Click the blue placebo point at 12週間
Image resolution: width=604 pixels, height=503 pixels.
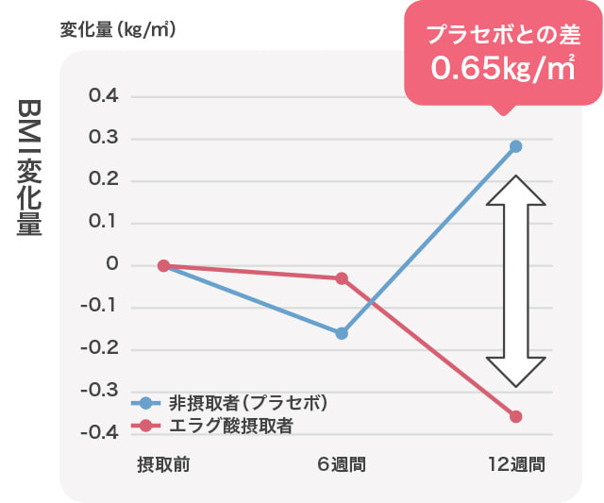point(516,146)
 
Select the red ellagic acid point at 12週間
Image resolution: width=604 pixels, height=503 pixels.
point(516,416)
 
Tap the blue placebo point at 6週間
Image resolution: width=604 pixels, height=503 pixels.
point(342,333)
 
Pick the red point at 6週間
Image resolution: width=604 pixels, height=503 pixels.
point(342,278)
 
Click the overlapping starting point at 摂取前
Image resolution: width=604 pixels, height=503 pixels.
point(163,266)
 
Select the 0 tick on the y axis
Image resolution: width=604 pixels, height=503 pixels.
point(112,265)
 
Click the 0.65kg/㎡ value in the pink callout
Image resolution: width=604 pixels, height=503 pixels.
point(502,69)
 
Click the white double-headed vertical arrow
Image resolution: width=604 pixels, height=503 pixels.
point(516,281)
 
